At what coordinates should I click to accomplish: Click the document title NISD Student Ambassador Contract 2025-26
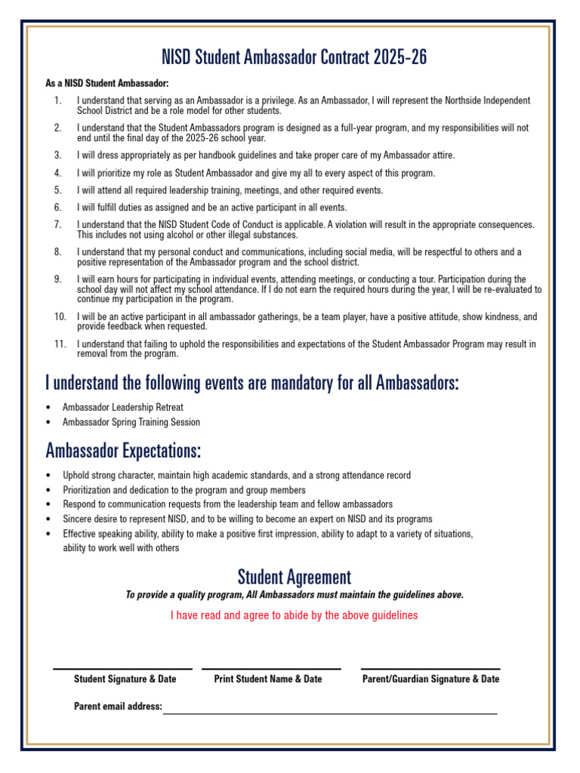click(x=289, y=58)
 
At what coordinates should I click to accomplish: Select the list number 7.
click(x=57, y=225)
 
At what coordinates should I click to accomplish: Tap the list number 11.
click(x=60, y=344)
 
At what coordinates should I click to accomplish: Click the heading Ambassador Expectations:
click(x=123, y=451)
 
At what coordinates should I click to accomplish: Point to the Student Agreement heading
click(x=294, y=577)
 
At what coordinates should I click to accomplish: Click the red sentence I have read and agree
click(x=294, y=615)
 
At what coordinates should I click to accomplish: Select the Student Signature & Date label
click(x=125, y=679)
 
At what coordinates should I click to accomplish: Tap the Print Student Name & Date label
click(x=268, y=679)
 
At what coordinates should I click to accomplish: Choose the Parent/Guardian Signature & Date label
click(x=430, y=679)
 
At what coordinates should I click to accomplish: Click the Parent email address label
click(x=118, y=707)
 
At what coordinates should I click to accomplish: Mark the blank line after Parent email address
click(x=330, y=713)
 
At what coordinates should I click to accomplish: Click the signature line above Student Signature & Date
click(x=122, y=669)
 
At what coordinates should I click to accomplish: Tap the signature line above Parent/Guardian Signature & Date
click(x=430, y=669)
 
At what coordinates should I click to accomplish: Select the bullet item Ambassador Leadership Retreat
click(x=122, y=407)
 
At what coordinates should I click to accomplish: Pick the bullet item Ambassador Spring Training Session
click(x=131, y=422)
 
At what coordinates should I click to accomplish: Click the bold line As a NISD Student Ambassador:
click(x=107, y=83)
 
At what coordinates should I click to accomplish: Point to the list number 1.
click(x=57, y=100)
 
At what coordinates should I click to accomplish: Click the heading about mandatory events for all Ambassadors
click(x=251, y=383)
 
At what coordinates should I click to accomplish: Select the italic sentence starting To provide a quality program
click(x=294, y=595)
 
